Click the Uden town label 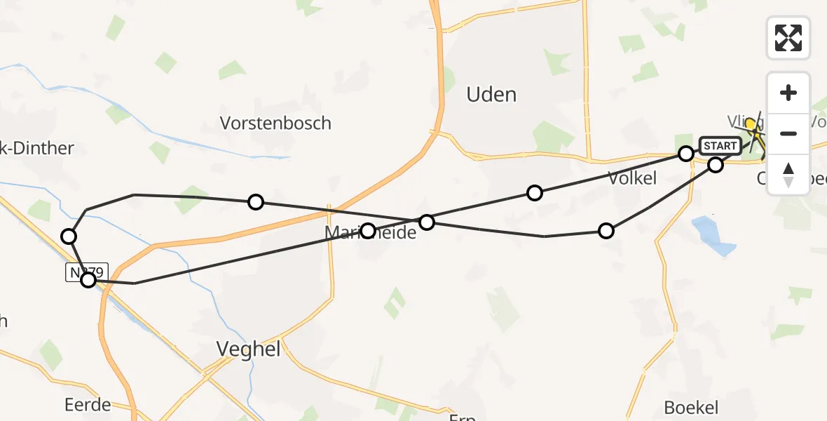(491, 95)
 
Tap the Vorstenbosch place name (275, 123)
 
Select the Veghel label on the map (248, 349)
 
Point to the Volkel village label (632, 178)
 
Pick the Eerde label (88, 405)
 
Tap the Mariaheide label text (371, 232)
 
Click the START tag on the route (719, 146)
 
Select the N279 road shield (87, 272)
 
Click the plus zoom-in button (788, 93)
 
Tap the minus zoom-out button (788, 133)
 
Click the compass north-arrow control (788, 174)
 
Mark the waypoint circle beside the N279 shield (88, 280)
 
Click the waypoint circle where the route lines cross (426, 222)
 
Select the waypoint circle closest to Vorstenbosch (256, 202)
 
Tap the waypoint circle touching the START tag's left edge (686, 153)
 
